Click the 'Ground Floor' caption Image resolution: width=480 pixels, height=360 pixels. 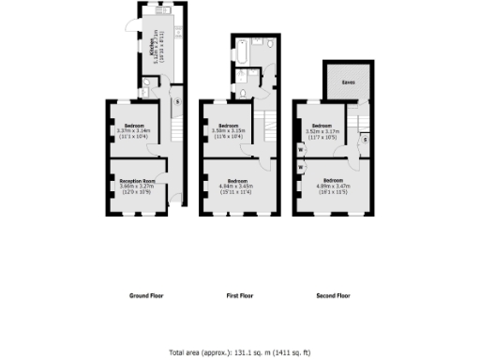145,295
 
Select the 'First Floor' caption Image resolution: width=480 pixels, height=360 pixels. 240,295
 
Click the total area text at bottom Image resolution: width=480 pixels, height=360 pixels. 239,352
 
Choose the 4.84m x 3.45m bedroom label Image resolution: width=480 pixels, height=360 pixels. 236,182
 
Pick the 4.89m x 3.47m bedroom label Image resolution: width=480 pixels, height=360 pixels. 332,181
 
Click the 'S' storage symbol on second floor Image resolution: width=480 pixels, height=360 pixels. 365,138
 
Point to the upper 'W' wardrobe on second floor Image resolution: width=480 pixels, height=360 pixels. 300,149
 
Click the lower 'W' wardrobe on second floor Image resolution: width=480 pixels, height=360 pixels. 301,168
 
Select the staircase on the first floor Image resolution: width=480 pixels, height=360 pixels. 267,122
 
